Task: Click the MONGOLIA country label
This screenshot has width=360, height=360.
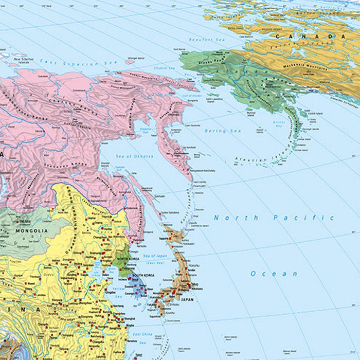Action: click(31, 231)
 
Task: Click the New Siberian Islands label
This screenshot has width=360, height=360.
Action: click(25, 60)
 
